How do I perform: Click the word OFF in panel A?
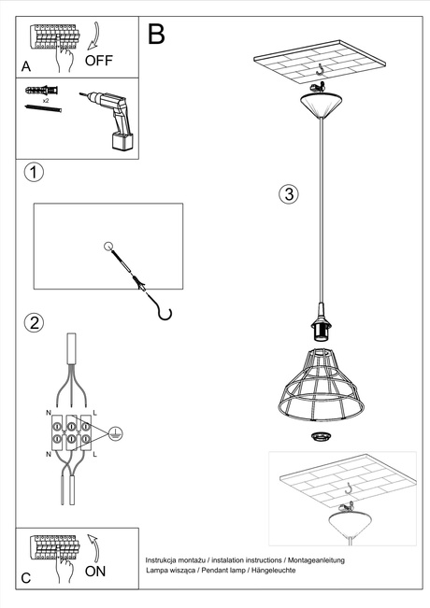coord(99,61)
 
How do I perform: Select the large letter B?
coord(156,35)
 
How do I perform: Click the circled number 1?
coord(34,173)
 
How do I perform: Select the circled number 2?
coord(34,323)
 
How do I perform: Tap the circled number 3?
coord(289,194)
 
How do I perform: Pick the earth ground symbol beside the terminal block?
coord(113,432)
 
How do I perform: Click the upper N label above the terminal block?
coord(50,410)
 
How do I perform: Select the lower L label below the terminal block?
coord(94,454)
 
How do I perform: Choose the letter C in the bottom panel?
coord(25,578)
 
